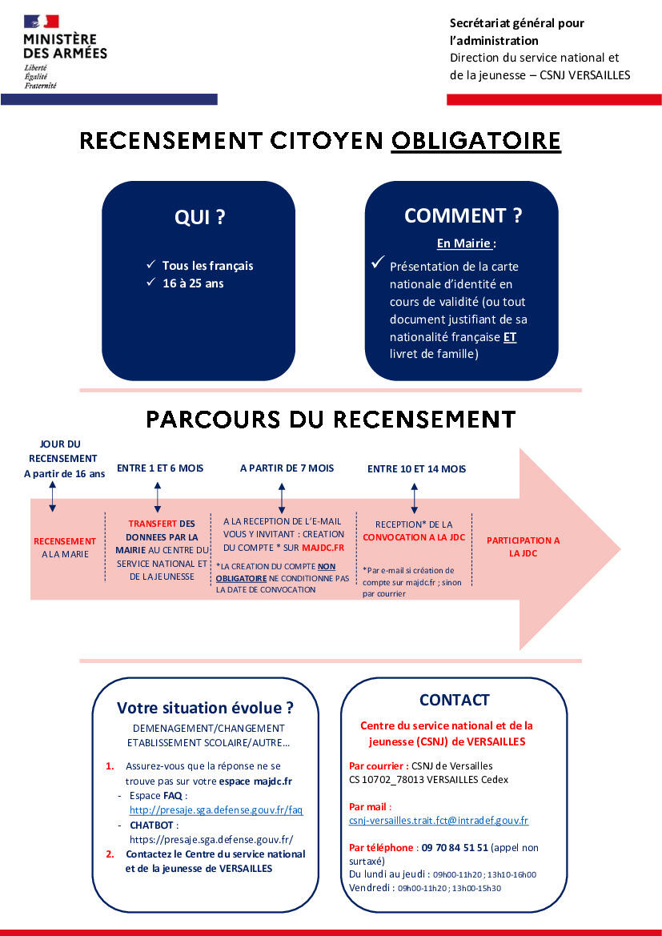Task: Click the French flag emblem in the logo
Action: tap(42, 22)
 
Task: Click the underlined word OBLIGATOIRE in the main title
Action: tap(475, 141)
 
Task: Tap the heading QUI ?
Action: tap(199, 217)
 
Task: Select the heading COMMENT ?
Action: tap(463, 215)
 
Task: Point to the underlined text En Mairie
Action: tap(463, 243)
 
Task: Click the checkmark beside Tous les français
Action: tap(150, 264)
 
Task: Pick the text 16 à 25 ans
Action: tap(193, 283)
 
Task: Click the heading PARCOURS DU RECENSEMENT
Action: tap(331, 419)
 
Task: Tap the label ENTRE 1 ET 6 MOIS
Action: tap(160, 468)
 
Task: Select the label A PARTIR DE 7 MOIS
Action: tap(287, 468)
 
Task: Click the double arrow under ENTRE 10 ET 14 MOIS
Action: tap(414, 498)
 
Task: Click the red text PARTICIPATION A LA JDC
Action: tap(524, 546)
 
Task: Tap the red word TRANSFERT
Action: tap(152, 524)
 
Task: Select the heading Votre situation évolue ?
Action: tap(205, 708)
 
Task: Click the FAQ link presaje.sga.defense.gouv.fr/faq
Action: tap(216, 810)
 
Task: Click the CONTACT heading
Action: tap(454, 700)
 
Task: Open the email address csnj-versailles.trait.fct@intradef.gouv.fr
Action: tap(439, 821)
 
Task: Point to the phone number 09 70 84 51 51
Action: tap(455, 847)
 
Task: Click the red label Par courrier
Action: tap(379, 765)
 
